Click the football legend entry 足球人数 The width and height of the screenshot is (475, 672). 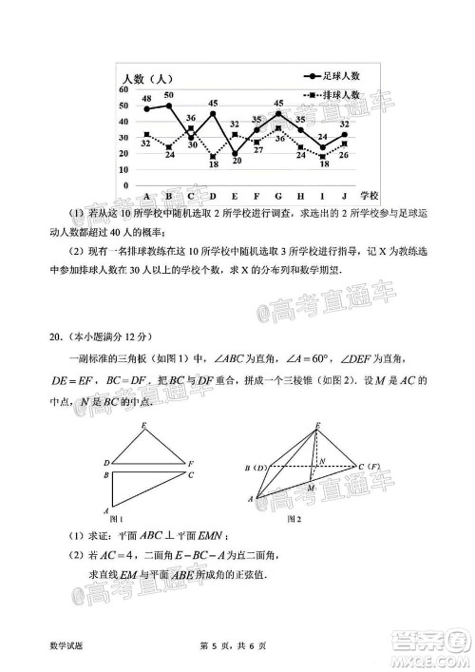click(x=340, y=74)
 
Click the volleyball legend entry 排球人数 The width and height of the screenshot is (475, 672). click(x=340, y=96)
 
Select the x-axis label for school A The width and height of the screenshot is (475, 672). click(x=146, y=196)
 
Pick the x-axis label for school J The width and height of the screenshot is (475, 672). click(x=344, y=196)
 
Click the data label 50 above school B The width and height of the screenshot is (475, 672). click(x=168, y=95)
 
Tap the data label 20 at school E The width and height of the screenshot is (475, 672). click(x=236, y=161)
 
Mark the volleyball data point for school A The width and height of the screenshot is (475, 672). click(x=146, y=134)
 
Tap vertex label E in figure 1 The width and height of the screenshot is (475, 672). click(x=143, y=425)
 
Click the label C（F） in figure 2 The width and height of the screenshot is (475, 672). click(x=369, y=468)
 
